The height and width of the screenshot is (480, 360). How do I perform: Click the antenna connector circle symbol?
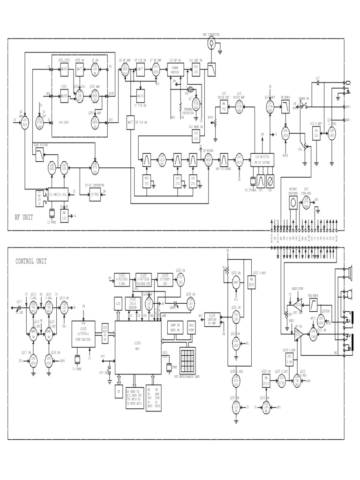click(x=211, y=43)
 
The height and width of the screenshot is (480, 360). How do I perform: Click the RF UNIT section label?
click(x=24, y=217)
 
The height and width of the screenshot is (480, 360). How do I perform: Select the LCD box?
click(x=118, y=305)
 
